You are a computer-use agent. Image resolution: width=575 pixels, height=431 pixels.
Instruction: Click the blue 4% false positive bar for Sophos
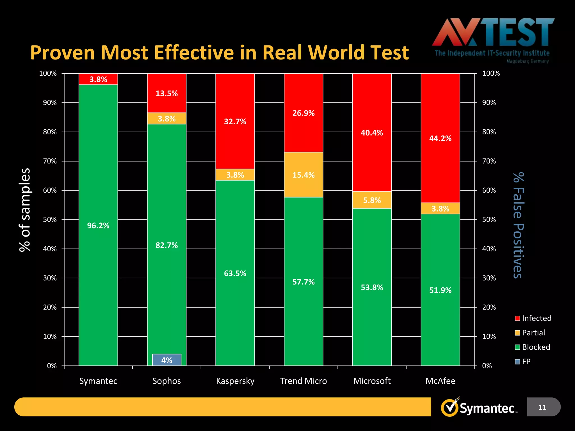166,360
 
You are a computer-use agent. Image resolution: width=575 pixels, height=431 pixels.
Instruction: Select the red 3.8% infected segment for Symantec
98,79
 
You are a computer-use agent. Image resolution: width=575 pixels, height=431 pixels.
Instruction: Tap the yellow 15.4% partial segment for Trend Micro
303,175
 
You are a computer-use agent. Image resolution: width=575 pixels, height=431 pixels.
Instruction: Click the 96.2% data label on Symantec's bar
98,226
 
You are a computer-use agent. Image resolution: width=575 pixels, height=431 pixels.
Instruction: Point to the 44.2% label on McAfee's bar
440,138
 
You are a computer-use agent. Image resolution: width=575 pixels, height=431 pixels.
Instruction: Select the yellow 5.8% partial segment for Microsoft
372,200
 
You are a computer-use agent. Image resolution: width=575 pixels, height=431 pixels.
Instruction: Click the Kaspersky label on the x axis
235,381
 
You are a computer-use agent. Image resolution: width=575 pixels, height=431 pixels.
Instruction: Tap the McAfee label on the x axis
440,381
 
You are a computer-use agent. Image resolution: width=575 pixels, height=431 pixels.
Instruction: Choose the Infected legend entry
533,318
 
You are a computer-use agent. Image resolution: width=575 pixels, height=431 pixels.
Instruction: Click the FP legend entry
523,361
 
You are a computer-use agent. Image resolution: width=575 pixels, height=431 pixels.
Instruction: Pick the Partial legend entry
530,333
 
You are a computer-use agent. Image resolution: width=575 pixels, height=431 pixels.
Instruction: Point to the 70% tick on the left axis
50,161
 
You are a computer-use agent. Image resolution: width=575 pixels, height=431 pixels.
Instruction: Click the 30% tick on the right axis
489,278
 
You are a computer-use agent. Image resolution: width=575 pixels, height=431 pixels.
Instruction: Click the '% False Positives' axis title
518,225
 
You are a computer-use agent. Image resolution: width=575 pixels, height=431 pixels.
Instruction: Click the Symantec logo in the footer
479,408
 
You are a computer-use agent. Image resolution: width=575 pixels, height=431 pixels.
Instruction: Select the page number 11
542,407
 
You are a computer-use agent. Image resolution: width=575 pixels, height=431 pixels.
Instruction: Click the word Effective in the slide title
194,52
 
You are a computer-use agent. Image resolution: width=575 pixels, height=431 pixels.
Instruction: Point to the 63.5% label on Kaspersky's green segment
235,273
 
